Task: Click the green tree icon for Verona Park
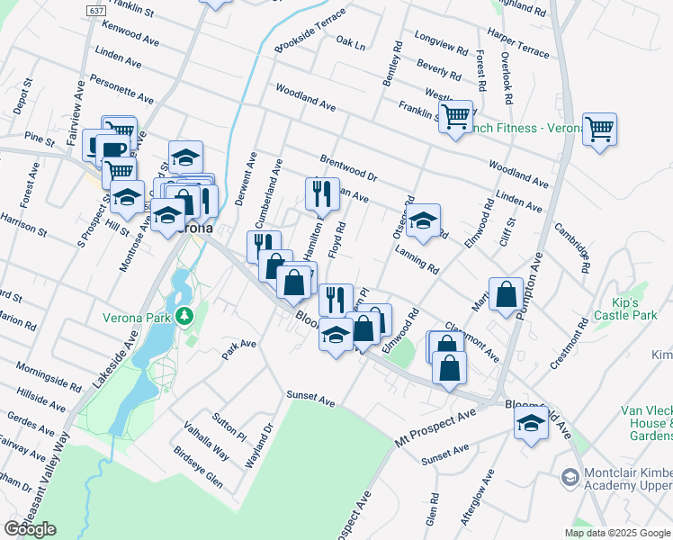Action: click(x=184, y=316)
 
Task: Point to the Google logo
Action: click(x=30, y=529)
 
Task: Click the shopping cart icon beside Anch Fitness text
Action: click(x=457, y=116)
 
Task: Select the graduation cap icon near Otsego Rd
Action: click(x=423, y=219)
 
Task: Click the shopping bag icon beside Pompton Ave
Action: click(x=507, y=293)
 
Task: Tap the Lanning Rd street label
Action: click(x=416, y=262)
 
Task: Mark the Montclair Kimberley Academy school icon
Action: click(x=569, y=475)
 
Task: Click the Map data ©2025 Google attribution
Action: click(x=617, y=532)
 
